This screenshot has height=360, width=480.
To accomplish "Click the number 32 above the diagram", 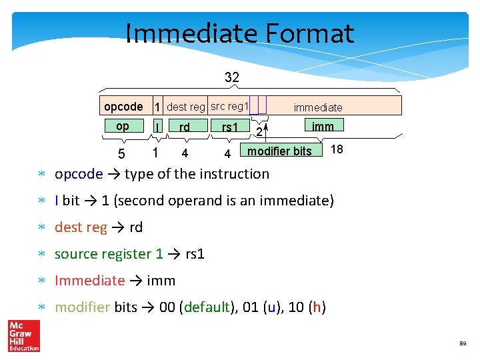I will click(232, 77).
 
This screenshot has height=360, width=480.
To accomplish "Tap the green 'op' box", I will click(123, 126).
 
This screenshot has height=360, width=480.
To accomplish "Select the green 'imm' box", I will click(323, 125).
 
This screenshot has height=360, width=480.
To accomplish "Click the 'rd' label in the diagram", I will click(185, 127).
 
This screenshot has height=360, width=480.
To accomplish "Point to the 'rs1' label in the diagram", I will click(230, 127).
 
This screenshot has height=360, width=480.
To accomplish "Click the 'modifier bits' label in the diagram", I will click(279, 151).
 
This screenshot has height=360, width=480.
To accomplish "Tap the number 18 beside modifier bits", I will click(337, 149).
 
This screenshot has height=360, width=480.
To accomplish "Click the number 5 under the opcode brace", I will click(121, 155).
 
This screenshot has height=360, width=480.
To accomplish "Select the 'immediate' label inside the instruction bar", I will click(318, 107).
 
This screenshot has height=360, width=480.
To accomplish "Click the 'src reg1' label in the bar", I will click(229, 106).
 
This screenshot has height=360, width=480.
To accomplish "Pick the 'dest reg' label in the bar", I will click(186, 107).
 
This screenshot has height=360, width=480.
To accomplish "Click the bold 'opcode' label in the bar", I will click(123, 107).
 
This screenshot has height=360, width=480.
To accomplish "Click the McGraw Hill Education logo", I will click(24, 335).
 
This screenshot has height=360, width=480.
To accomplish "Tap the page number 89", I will click(462, 344).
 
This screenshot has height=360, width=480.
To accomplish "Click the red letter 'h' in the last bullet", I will click(317, 307).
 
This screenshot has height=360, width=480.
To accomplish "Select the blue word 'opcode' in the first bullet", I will click(79, 174).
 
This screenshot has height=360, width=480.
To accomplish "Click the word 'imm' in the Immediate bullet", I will click(161, 281).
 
